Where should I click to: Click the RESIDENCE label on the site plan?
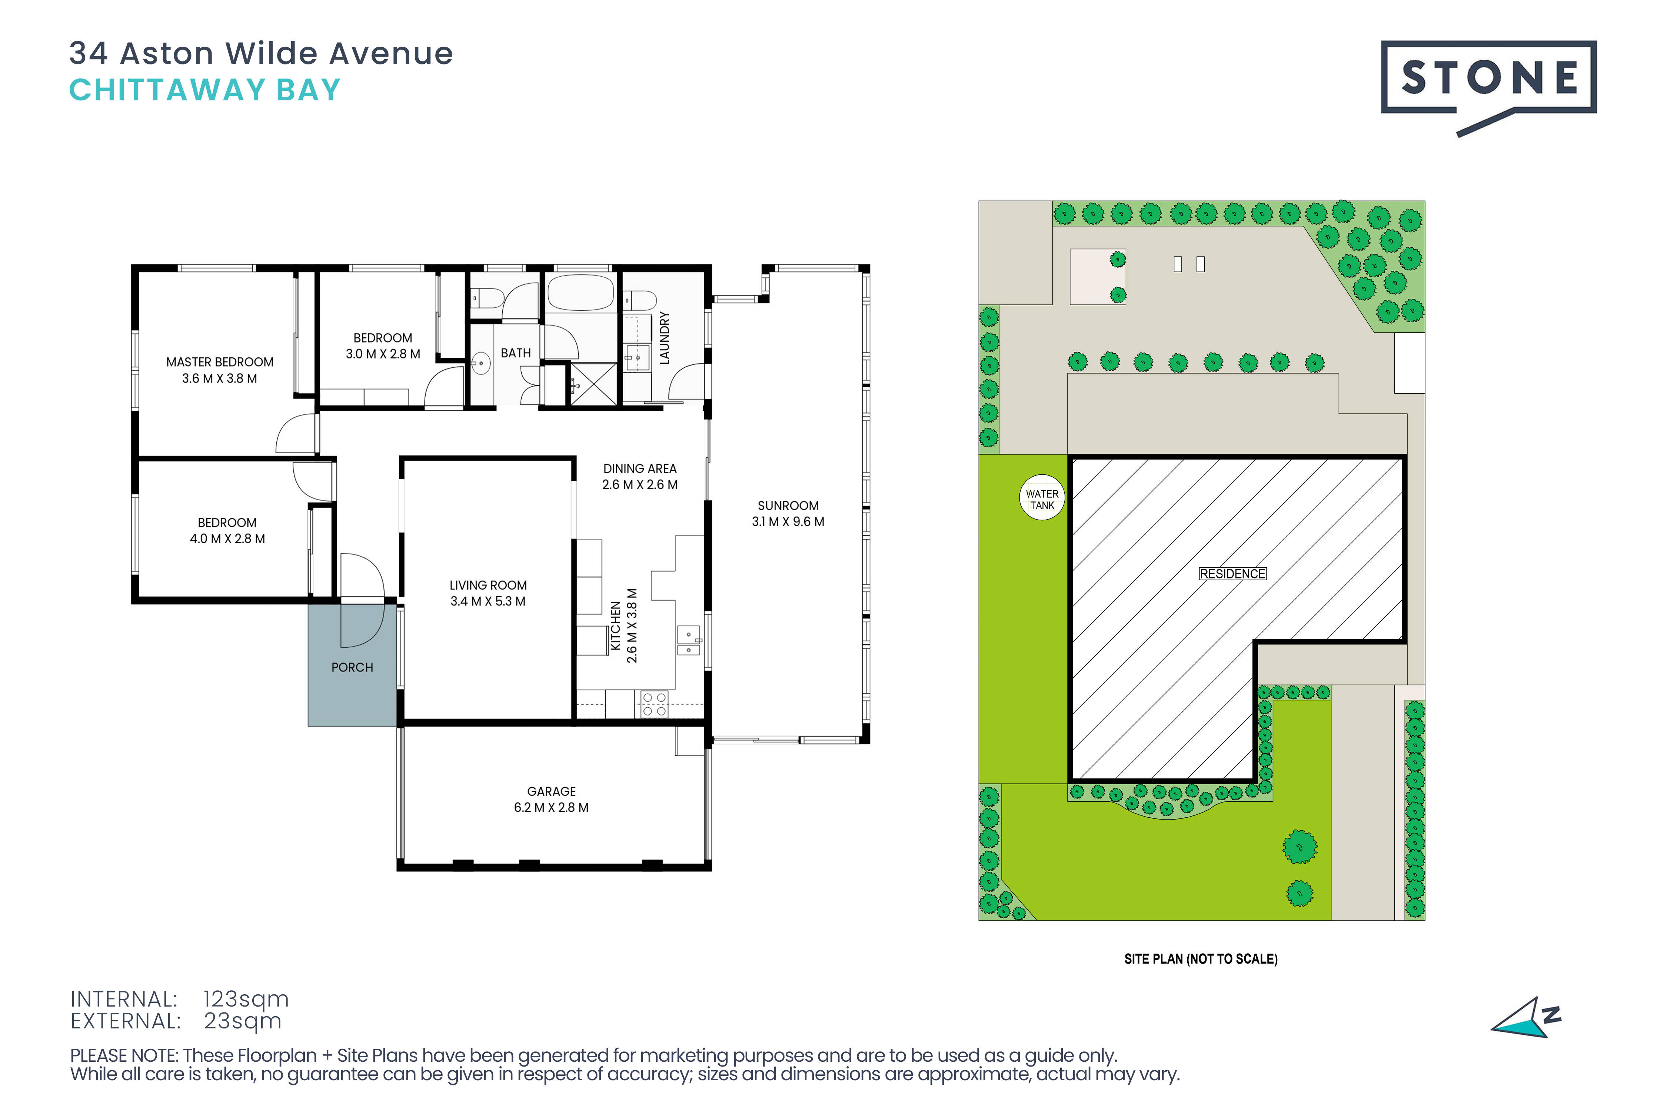point(1232,574)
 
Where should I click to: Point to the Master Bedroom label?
point(220,362)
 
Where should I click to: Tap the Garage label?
point(552,791)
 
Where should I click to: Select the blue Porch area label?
point(352,667)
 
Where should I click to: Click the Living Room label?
point(488,585)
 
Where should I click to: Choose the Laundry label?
point(664,338)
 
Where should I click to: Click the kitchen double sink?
point(689,641)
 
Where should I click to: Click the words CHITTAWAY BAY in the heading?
point(205,90)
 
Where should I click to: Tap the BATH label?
point(516,353)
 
